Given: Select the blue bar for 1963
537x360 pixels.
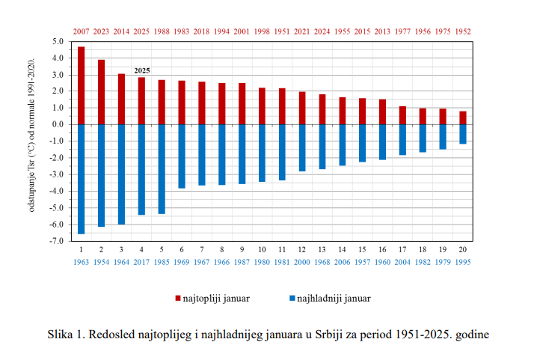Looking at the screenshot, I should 81,179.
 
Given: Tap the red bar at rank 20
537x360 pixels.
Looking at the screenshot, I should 463,118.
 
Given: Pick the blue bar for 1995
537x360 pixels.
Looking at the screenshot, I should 463,134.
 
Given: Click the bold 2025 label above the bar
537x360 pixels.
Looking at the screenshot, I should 141,70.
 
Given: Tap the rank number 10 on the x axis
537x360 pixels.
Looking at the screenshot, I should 262,249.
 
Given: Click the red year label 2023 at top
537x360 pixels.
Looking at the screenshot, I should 101,31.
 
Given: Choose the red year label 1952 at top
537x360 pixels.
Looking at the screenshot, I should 463,31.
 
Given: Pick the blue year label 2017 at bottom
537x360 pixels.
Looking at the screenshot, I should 141,262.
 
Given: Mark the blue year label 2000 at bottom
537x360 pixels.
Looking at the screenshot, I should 302,262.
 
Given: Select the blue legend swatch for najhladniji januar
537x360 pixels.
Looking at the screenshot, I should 292,299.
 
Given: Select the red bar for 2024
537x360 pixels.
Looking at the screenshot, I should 322,109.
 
